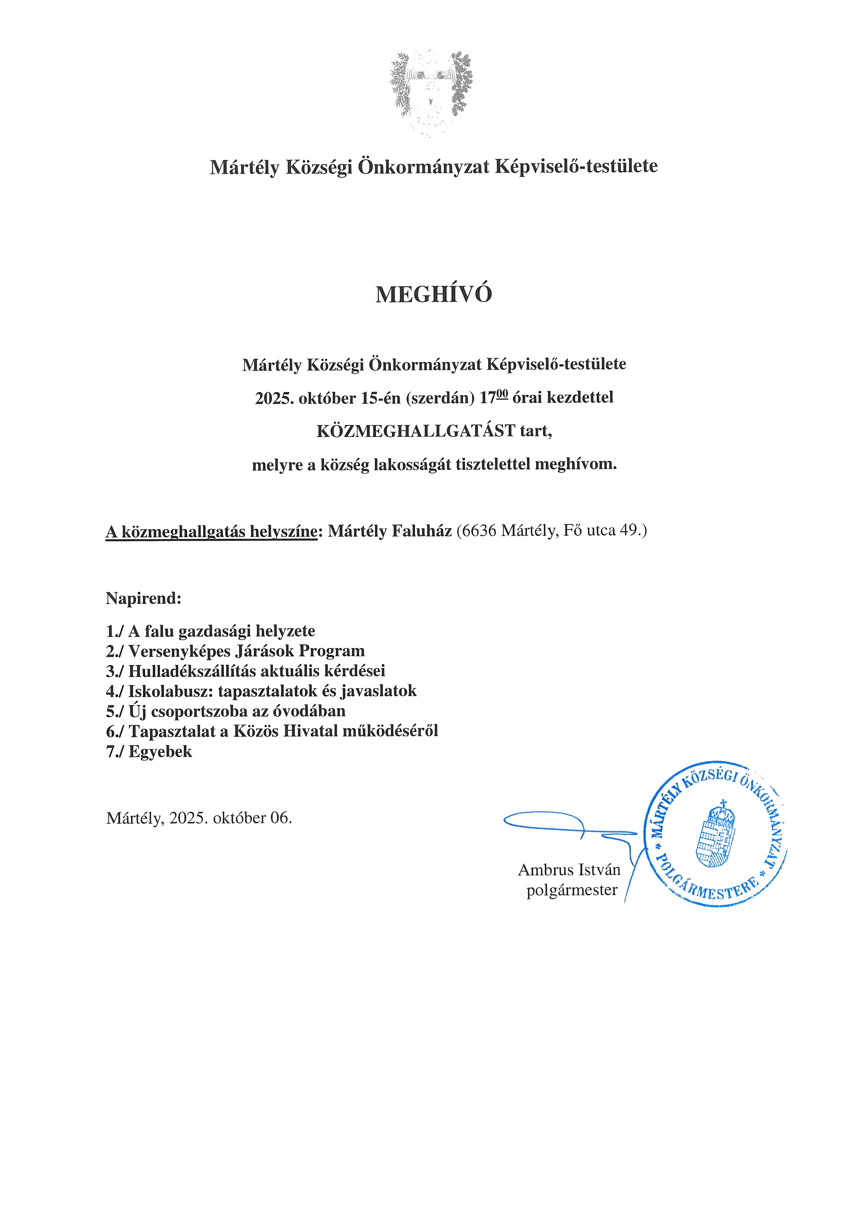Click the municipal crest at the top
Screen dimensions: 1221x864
tap(431, 93)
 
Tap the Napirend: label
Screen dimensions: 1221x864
tap(144, 598)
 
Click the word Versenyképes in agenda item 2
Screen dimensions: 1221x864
tap(180, 652)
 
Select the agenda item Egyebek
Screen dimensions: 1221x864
tap(160, 752)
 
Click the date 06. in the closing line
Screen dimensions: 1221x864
tap(281, 817)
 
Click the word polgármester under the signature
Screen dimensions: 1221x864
tap(572, 890)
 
